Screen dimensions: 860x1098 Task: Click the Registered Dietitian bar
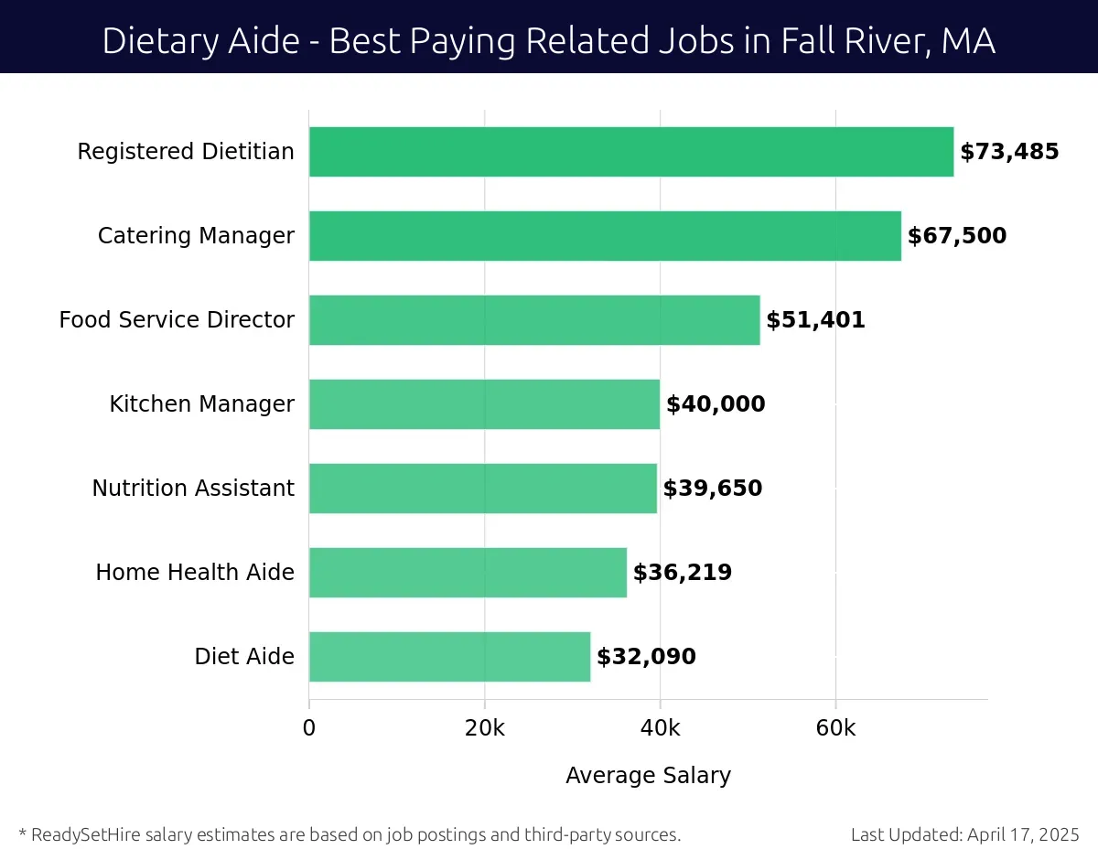pos(631,152)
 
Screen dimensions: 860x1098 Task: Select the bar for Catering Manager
pos(605,236)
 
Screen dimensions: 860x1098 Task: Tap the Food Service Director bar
pos(534,320)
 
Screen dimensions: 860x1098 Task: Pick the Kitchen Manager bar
pos(484,404)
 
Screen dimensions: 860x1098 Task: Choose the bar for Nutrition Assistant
pos(482,489)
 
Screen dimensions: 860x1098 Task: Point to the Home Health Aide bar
pos(468,573)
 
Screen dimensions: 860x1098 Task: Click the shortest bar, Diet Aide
pos(449,657)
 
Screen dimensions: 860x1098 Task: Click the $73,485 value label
pos(1009,152)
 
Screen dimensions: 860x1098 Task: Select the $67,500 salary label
pos(956,236)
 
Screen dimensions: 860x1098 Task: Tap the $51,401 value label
pos(815,320)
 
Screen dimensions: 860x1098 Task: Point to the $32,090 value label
pos(646,657)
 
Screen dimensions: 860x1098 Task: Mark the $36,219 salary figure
pos(683,573)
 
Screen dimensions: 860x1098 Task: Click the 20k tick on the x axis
pos(484,728)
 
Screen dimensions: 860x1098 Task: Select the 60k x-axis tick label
pos(835,728)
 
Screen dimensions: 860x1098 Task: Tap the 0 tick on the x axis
pos(309,728)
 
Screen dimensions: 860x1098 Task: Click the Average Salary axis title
pos(648,776)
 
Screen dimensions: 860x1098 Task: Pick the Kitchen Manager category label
pos(202,404)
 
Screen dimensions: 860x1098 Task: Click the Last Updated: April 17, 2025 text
pos(964,834)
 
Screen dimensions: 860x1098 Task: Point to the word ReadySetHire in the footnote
pos(84,834)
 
